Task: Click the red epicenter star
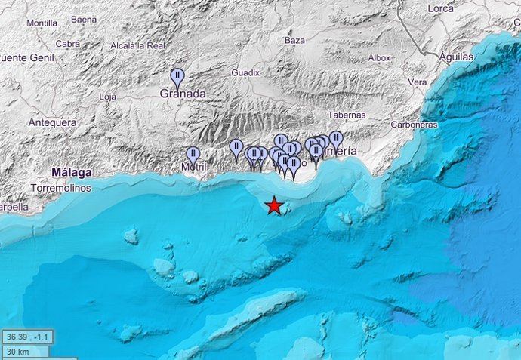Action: (x=274, y=205)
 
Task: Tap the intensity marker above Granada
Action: (x=177, y=76)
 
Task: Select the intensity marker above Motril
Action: (x=193, y=155)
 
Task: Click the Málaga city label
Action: (x=72, y=172)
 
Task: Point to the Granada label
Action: (x=183, y=94)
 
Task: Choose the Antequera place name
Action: (x=52, y=122)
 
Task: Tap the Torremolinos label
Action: (x=61, y=187)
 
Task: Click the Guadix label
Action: (x=245, y=72)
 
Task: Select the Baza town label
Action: (x=294, y=40)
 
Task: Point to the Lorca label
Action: (x=439, y=8)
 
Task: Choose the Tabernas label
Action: (x=347, y=115)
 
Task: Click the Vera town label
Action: (x=417, y=82)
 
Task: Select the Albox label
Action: (x=379, y=57)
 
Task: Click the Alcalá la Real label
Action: (x=137, y=46)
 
